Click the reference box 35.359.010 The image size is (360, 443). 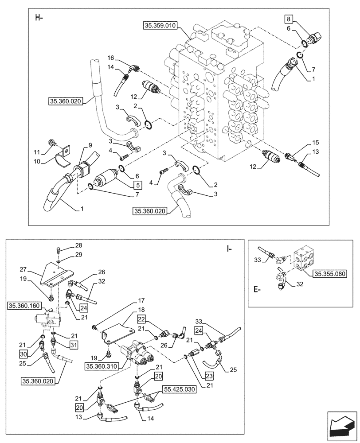159,26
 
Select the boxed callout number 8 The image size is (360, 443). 288,19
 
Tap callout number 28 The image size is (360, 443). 79,245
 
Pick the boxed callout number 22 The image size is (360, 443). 141,319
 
